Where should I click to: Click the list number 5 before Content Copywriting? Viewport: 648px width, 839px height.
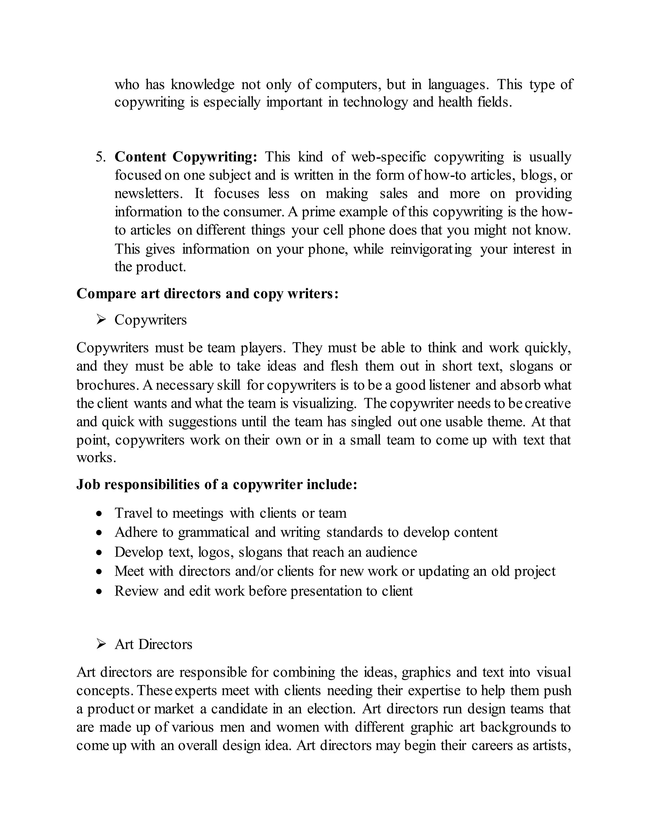[x=100, y=157]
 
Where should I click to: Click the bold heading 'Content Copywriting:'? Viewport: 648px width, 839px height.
[x=186, y=157]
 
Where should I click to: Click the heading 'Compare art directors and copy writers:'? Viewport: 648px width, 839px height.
[x=207, y=294]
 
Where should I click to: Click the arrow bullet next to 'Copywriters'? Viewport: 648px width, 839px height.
[x=101, y=320]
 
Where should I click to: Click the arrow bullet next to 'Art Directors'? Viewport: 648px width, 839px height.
[x=101, y=644]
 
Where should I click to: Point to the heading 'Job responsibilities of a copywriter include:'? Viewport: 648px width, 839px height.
[x=217, y=485]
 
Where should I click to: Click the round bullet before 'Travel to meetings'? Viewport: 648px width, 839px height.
[x=99, y=514]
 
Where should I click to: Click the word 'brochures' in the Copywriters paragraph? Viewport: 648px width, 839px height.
[x=107, y=385]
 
